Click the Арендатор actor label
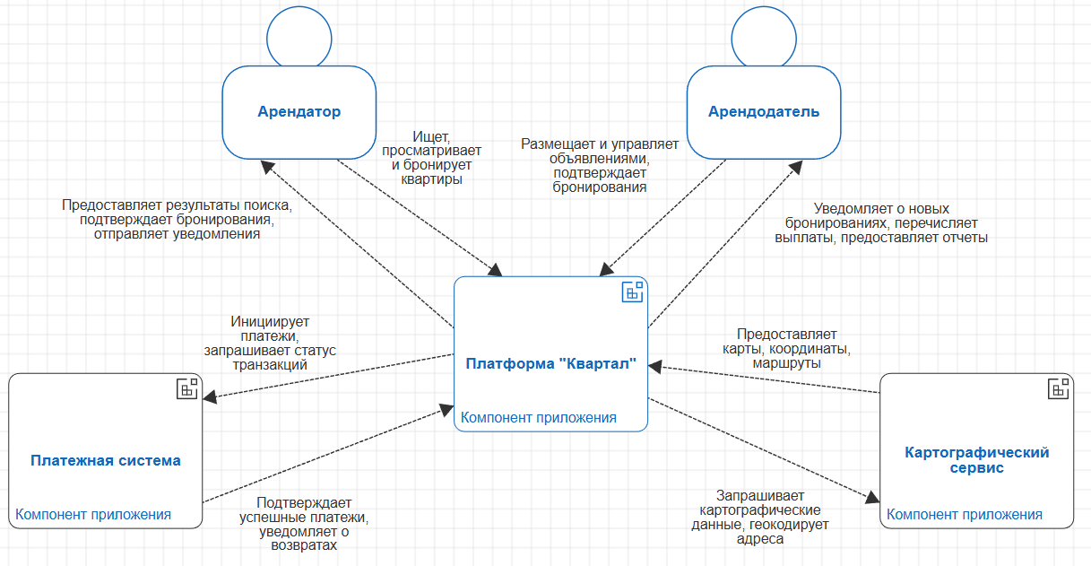(299, 112)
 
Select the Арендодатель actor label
(763, 112)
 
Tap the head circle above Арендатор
(299, 36)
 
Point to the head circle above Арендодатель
(763, 36)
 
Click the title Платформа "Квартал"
(550, 363)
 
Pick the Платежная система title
(106, 460)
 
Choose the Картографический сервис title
(977, 460)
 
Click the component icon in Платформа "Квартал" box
(633, 292)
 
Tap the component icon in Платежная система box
(187, 388)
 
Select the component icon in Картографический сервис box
(1058, 388)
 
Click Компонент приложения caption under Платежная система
(93, 514)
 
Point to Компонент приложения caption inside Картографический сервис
(965, 514)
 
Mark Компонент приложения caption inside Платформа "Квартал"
(539, 417)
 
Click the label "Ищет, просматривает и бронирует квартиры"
(431, 157)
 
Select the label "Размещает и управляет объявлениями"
(600, 165)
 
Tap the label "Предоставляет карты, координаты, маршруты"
(786, 348)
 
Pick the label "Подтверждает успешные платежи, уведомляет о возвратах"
(304, 524)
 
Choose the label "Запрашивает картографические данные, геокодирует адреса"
(760, 517)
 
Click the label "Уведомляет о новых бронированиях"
(881, 222)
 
